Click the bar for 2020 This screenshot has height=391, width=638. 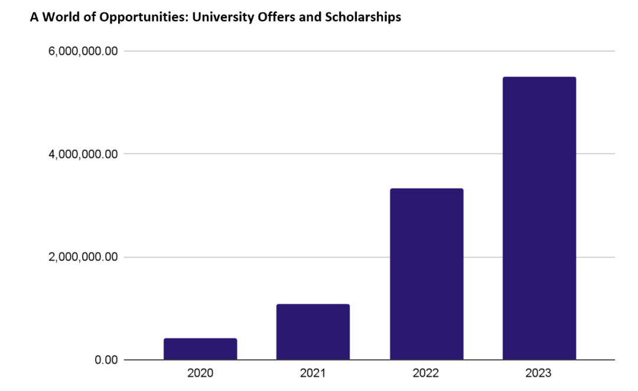[200, 349]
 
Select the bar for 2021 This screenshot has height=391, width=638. [313, 332]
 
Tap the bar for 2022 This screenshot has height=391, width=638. [427, 274]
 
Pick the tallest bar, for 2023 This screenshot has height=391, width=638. [539, 219]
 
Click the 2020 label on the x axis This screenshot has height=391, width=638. [200, 373]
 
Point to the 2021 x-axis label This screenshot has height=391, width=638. [313, 373]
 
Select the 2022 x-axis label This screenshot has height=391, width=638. [427, 373]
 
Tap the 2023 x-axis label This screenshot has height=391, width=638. [539, 373]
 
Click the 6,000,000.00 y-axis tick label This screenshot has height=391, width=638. [84, 51]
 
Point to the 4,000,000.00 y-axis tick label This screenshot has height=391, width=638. [84, 154]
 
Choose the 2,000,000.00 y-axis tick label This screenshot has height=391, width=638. [84, 257]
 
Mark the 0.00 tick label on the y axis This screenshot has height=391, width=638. [106, 360]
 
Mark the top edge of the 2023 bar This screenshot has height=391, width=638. [539, 77]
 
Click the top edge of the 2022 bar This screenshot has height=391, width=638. [427, 189]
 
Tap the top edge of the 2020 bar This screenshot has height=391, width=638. [200, 339]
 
